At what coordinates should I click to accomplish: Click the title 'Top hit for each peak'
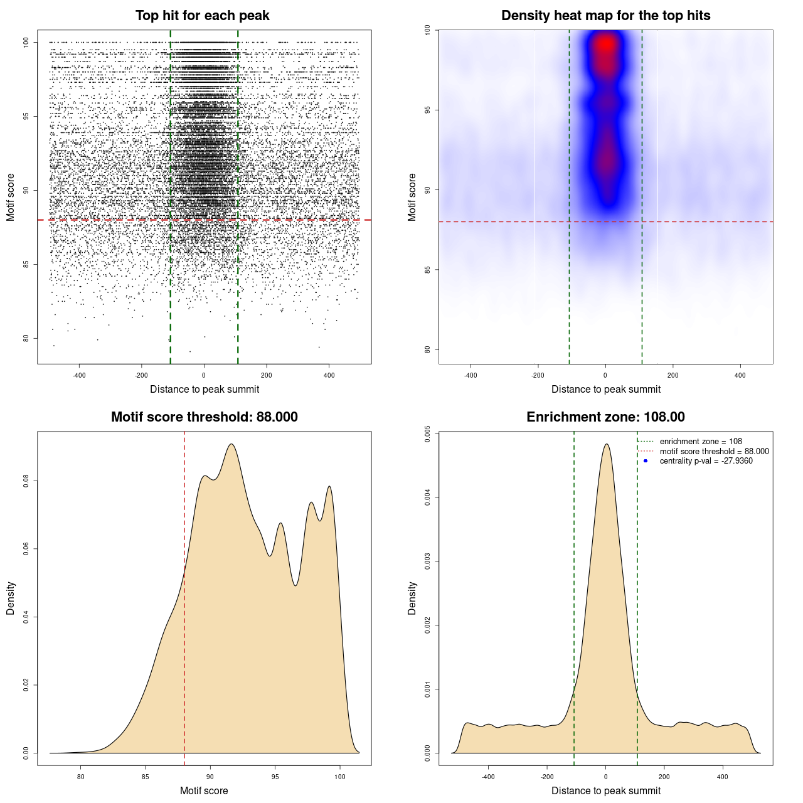[x=202, y=16]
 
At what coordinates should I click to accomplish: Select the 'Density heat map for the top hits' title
[x=605, y=16]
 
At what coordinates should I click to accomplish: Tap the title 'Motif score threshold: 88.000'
[x=204, y=417]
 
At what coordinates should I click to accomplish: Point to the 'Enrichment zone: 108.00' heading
[x=605, y=417]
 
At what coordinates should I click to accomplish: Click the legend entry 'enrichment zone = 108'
[x=701, y=442]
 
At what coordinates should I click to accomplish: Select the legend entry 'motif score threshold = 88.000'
[x=714, y=452]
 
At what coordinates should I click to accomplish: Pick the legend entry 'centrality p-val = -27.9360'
[x=706, y=461]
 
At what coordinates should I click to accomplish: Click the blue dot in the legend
[x=646, y=461]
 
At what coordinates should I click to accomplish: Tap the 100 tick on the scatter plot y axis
[x=26, y=42]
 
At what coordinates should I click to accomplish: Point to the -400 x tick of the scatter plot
[x=79, y=375]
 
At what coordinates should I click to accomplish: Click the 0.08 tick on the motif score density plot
[x=26, y=481]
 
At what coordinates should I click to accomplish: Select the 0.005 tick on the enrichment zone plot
[x=428, y=433]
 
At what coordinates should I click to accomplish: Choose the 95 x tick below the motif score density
[x=275, y=777]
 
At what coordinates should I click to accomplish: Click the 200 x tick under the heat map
[x=673, y=375]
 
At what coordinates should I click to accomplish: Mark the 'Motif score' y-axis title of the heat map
[x=412, y=197]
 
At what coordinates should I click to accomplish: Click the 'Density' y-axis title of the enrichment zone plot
[x=412, y=598]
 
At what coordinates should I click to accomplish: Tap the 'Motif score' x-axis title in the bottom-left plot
[x=204, y=790]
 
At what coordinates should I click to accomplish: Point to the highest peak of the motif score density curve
[x=231, y=444]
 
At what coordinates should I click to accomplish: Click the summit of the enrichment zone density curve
[x=606, y=444]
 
